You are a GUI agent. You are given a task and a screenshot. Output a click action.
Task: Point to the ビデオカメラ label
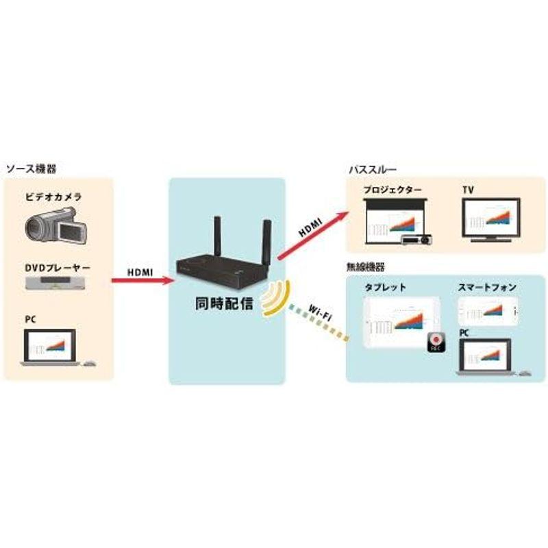53,197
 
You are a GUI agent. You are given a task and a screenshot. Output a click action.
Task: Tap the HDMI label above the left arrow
140,272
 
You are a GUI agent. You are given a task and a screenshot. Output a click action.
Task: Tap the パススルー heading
373,169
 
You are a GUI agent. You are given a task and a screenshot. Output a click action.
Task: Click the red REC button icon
436,340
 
